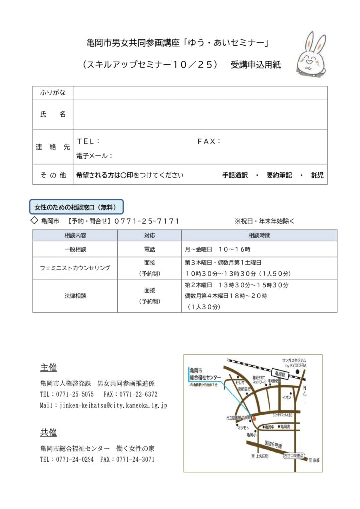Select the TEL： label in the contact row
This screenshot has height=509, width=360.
[x=89, y=141]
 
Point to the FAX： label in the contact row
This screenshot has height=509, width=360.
[x=209, y=141]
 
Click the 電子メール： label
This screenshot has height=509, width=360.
[x=94, y=156]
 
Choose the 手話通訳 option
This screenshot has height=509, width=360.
[x=235, y=175]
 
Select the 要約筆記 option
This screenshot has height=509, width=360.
[x=279, y=175]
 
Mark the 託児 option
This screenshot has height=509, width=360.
[x=317, y=175]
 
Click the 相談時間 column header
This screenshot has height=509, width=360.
[x=259, y=235]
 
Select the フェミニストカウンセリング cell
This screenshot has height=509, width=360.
[x=75, y=268]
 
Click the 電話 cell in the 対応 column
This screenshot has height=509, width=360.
[x=150, y=249]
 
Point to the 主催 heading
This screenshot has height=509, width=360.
[x=48, y=368]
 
